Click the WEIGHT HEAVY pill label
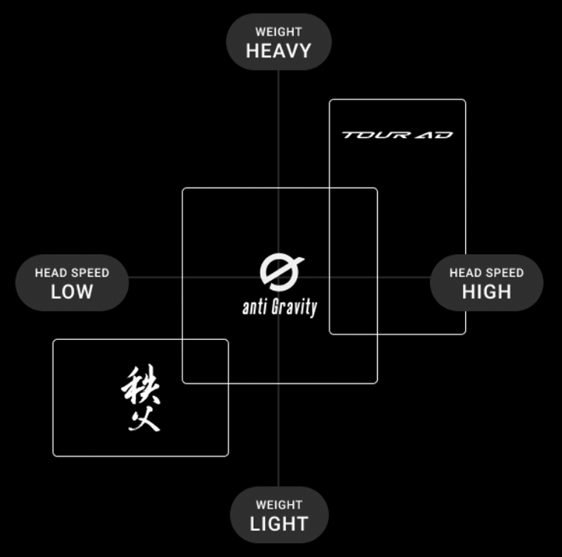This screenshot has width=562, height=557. [x=278, y=42]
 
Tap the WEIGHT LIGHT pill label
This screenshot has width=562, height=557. [x=278, y=515]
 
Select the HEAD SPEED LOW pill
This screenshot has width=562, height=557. [x=72, y=283]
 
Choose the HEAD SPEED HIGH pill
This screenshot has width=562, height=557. [x=486, y=283]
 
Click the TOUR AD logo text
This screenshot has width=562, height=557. [x=397, y=135]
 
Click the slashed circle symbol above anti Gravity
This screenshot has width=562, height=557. [x=281, y=273]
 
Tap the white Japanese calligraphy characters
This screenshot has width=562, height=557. [x=140, y=399]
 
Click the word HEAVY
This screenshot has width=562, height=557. [x=278, y=51]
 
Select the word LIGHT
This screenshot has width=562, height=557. [x=278, y=524]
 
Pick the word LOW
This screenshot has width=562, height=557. [x=72, y=291]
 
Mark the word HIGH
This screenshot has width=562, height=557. [x=486, y=291]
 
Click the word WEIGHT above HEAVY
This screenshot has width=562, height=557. [x=278, y=32]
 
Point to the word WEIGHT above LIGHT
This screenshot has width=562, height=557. [x=278, y=505]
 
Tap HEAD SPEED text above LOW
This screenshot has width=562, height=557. [x=72, y=273]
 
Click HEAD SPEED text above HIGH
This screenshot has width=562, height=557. [x=486, y=273]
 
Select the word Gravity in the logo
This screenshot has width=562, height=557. [x=293, y=307]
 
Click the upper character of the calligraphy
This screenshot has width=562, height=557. [x=140, y=385]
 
